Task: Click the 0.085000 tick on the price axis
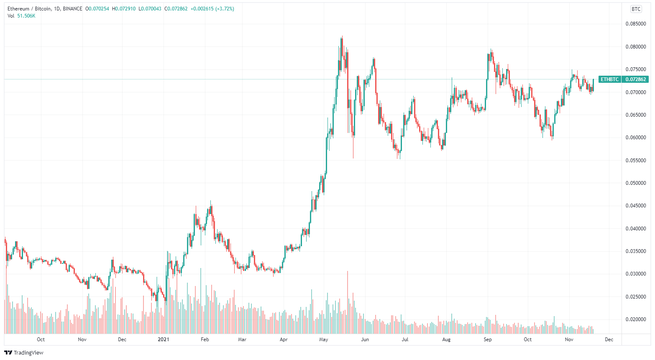pyautogui.click(x=636, y=24)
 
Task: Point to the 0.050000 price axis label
pyautogui.click(x=636, y=183)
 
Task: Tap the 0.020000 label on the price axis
pyautogui.click(x=636, y=319)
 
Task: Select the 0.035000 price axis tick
pyautogui.click(x=636, y=251)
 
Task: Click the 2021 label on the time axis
pyautogui.click(x=163, y=340)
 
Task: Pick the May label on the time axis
pyautogui.click(x=323, y=340)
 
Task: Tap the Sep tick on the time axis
pyautogui.click(x=488, y=340)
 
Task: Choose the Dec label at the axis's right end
pyautogui.click(x=609, y=340)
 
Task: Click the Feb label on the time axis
pyautogui.click(x=205, y=340)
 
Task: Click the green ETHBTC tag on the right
pyautogui.click(x=609, y=79)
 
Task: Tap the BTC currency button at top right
pyautogui.click(x=636, y=9)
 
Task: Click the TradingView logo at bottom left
pyautogui.click(x=24, y=352)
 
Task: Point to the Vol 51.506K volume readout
pyautogui.click(x=21, y=16)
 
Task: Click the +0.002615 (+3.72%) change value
pyautogui.click(x=212, y=9)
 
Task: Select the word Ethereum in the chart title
pyautogui.click(x=18, y=9)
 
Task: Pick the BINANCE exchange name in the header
pyautogui.click(x=72, y=9)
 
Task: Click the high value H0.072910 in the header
pyautogui.click(x=124, y=9)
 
